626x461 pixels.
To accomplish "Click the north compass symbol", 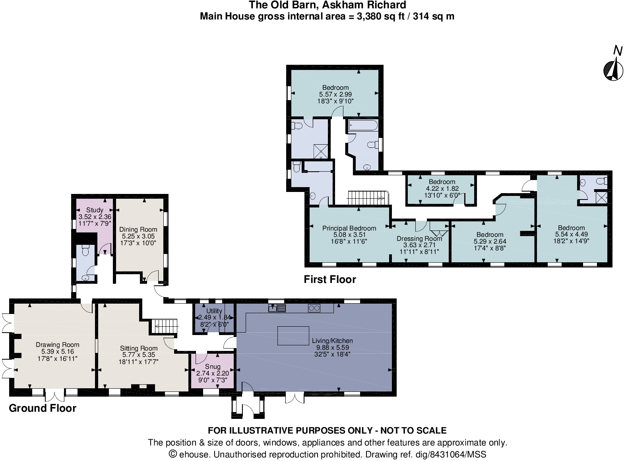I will (613, 70).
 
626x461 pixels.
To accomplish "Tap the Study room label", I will (95, 210).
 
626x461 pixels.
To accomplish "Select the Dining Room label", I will (138, 229).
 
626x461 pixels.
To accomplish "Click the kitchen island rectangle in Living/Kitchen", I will (293, 336).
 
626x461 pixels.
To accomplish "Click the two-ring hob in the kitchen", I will (314, 308).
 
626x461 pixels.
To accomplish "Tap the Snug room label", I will (213, 366).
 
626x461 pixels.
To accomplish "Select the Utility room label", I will (214, 311).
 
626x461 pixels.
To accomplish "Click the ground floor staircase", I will (165, 326).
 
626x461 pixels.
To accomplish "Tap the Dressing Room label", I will (419, 238).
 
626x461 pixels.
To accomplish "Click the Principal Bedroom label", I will (349, 228).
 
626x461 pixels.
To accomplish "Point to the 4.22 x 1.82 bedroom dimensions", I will (442, 189).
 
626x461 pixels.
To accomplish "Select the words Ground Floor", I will (43, 408).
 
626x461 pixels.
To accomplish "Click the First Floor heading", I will (330, 279).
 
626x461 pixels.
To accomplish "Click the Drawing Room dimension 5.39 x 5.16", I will (57, 352).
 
